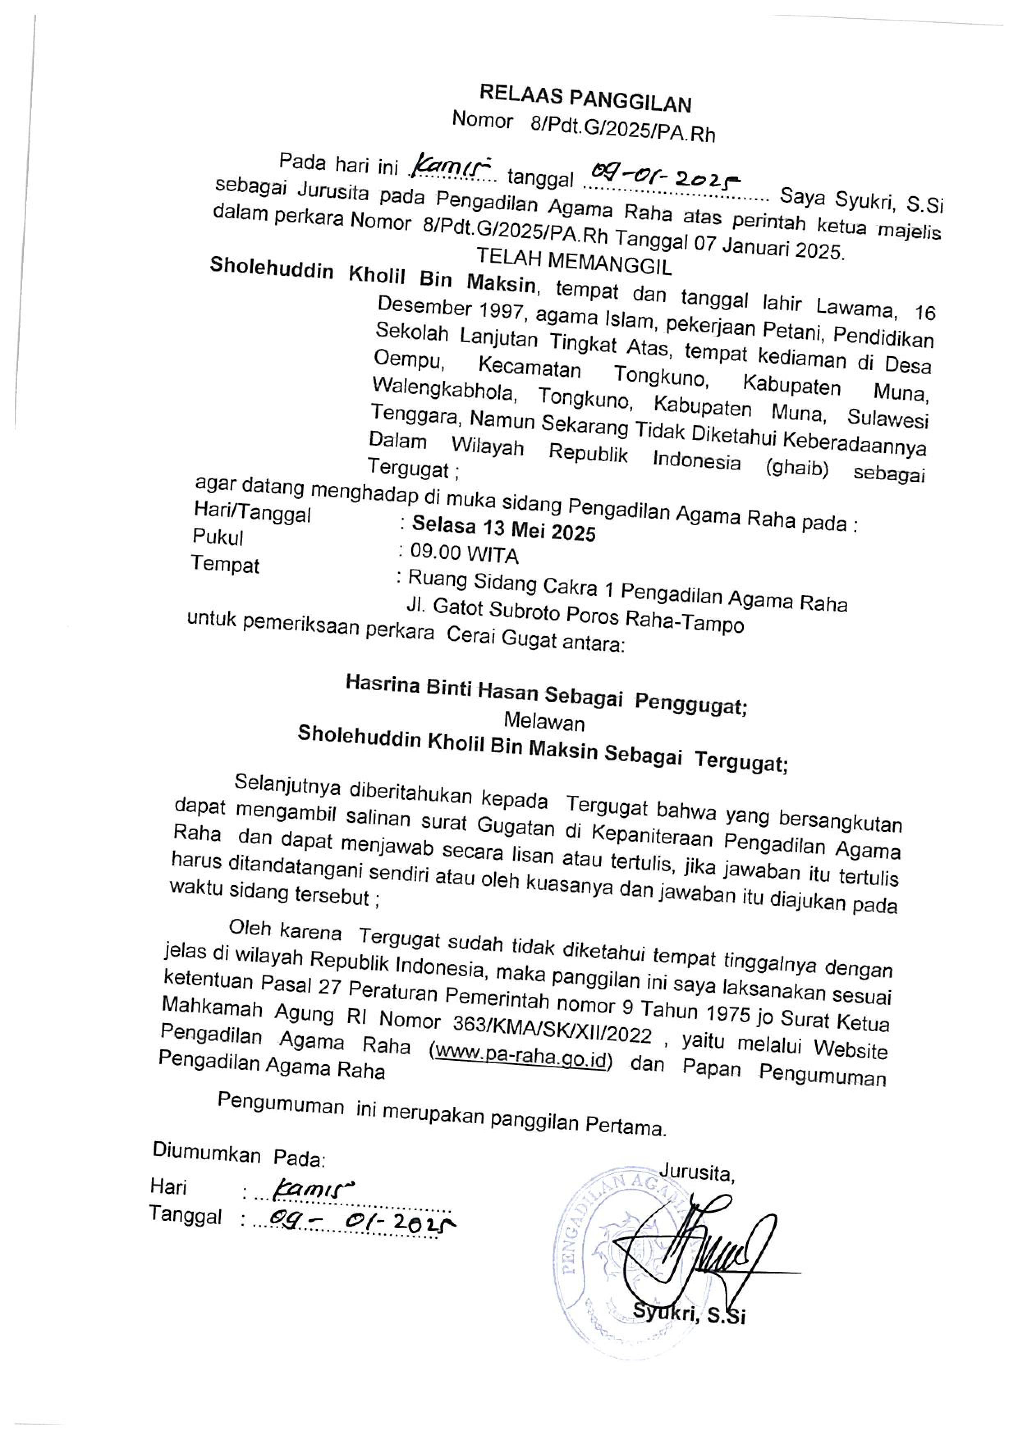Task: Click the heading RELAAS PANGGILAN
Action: click(x=585, y=99)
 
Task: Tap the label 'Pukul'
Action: click(x=218, y=537)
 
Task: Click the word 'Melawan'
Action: click(x=544, y=723)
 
